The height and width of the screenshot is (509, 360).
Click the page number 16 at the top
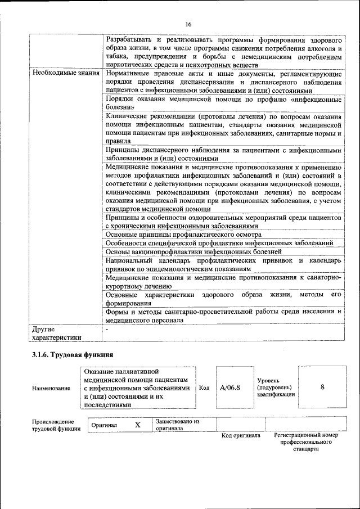188,24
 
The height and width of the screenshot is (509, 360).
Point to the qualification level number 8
322,387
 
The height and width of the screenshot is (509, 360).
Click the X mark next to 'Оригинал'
137,425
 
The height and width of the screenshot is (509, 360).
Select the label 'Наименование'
51,388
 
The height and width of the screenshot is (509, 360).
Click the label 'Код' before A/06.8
204,388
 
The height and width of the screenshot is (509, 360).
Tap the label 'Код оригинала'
241,435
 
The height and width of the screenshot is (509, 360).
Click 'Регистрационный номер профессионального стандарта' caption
306,442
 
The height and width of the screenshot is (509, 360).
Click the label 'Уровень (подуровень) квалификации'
275,388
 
